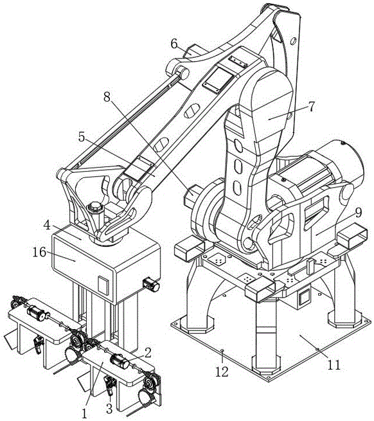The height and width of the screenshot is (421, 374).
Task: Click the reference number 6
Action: tap(174, 44)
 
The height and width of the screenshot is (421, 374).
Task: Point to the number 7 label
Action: tap(312, 107)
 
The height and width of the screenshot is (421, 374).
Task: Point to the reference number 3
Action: tap(110, 406)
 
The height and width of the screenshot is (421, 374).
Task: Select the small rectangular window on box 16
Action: tap(103, 283)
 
